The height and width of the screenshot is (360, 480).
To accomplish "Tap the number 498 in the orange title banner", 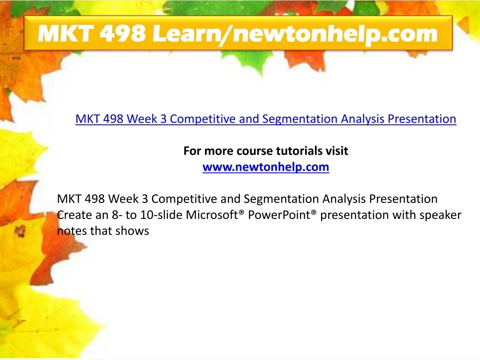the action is [x=122, y=33].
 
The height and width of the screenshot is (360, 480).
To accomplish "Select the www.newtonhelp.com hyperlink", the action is [x=266, y=167].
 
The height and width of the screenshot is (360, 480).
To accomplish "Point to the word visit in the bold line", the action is [x=337, y=151].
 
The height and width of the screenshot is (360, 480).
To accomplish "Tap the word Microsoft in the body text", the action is [x=211, y=215].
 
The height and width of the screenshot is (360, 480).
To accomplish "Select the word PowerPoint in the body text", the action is [x=279, y=215].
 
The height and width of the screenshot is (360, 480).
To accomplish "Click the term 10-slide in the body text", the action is [x=161, y=215].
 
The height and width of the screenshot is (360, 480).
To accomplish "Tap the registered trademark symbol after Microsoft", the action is [x=241, y=212].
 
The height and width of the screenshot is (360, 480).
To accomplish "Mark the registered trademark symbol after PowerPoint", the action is [x=314, y=212].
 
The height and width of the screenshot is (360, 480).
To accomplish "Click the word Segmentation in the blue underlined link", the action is [x=300, y=119].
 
